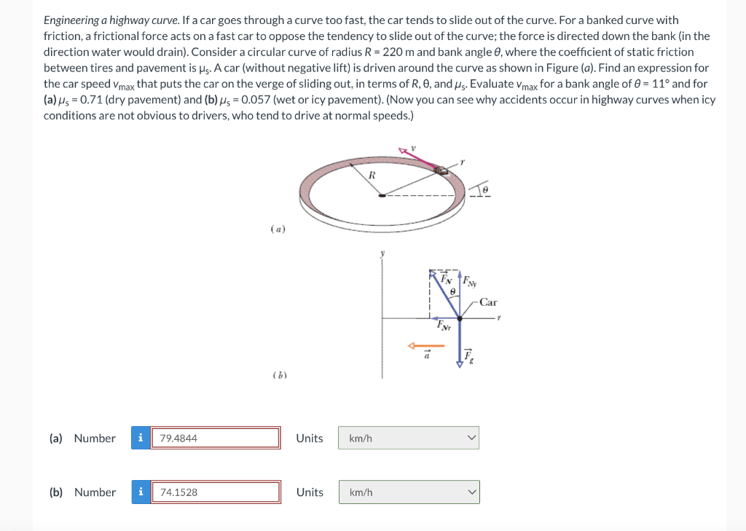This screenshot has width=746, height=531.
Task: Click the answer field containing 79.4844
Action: click(215, 438)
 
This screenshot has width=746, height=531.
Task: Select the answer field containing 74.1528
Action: click(215, 492)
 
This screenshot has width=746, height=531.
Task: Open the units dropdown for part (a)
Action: click(408, 438)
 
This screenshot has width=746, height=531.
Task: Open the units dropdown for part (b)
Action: click(408, 492)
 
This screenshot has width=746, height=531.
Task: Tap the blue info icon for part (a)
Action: click(140, 438)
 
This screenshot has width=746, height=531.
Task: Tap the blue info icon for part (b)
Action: click(140, 492)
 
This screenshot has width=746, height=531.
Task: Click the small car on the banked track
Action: click(441, 170)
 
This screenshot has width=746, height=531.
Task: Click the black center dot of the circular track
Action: click(381, 194)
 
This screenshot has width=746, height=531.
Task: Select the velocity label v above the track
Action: click(413, 148)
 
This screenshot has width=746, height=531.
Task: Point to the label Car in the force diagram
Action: click(488, 302)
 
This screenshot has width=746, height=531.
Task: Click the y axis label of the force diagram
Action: click(380, 254)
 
